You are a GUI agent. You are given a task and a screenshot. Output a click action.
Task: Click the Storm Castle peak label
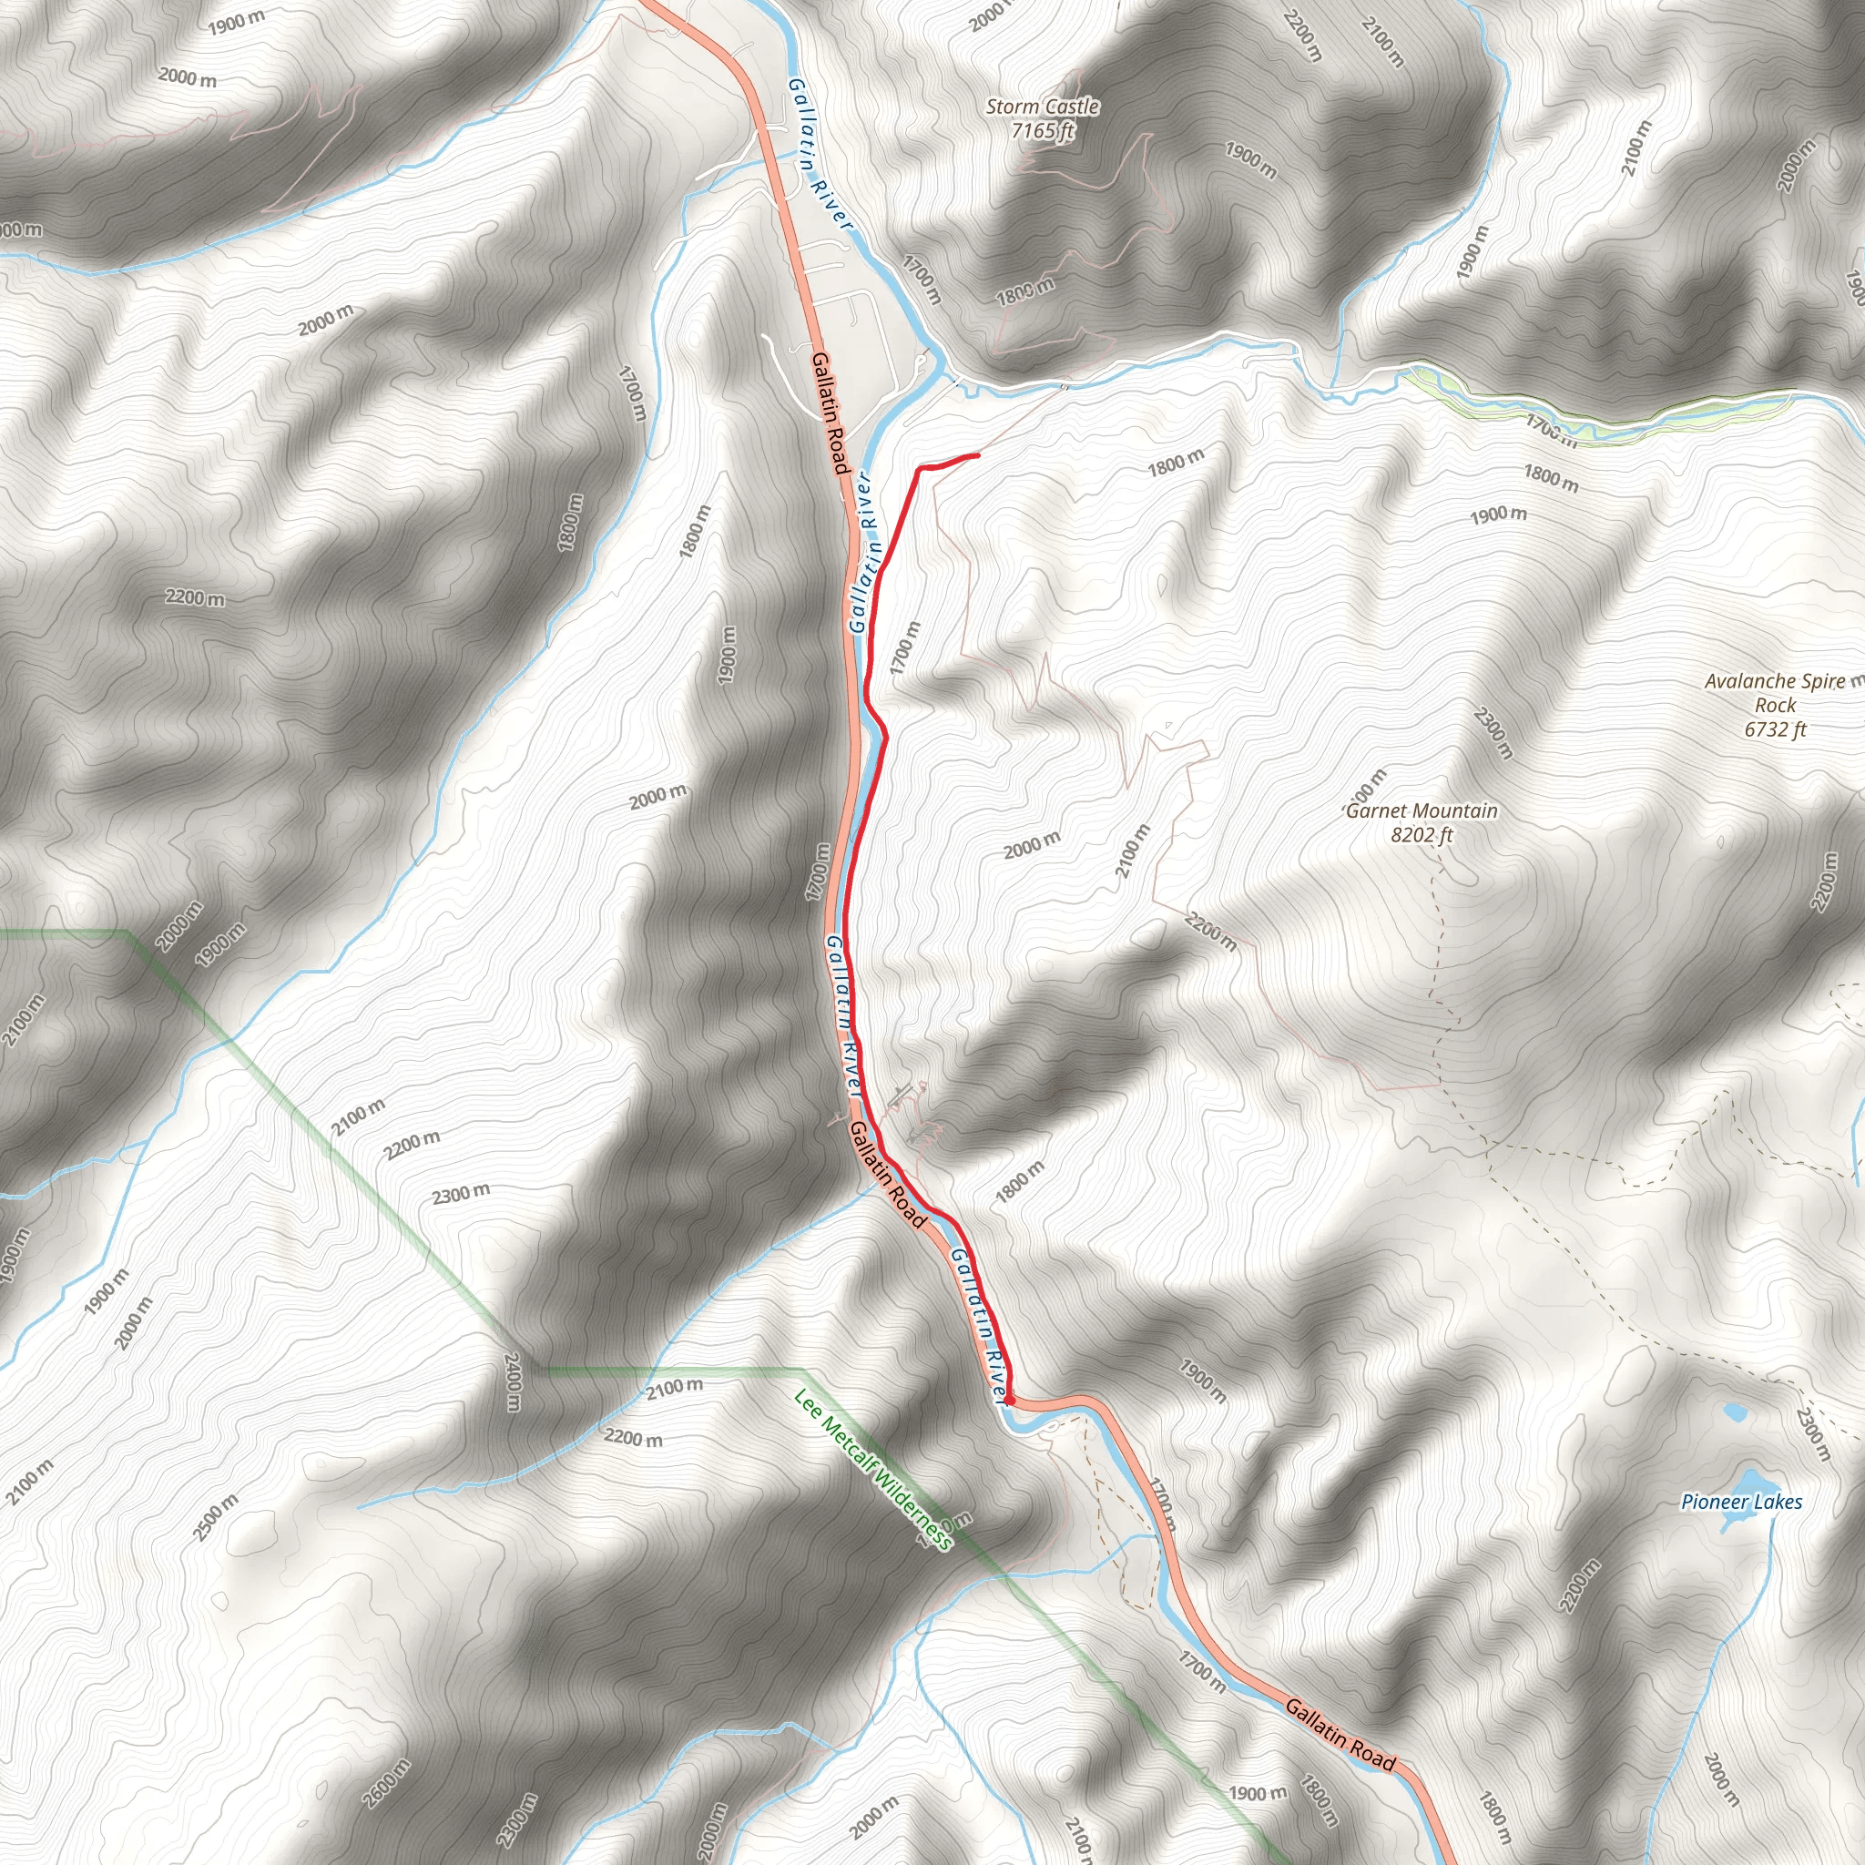[x=1043, y=107]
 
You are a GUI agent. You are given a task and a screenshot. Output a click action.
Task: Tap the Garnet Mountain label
[x=1421, y=810]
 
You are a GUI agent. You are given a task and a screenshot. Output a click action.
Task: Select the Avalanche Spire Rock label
[x=1774, y=693]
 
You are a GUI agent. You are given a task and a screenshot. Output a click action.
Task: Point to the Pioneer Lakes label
[x=1741, y=1501]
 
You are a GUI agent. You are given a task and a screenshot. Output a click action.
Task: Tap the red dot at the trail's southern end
[x=1009, y=1399]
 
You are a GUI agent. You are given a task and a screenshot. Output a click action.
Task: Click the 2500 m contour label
[x=216, y=1518]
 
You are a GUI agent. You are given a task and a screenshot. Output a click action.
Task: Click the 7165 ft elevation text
[x=1043, y=130]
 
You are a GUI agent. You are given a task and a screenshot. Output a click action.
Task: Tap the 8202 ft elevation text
[x=1421, y=835]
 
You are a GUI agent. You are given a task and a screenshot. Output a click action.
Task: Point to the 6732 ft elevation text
[x=1774, y=729]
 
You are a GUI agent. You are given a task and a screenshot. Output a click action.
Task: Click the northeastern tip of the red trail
[x=979, y=454]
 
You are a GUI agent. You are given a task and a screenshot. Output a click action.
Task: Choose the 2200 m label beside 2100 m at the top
[x=1301, y=35]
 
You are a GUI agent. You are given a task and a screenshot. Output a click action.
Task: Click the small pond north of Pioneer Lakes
[x=1736, y=1413]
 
